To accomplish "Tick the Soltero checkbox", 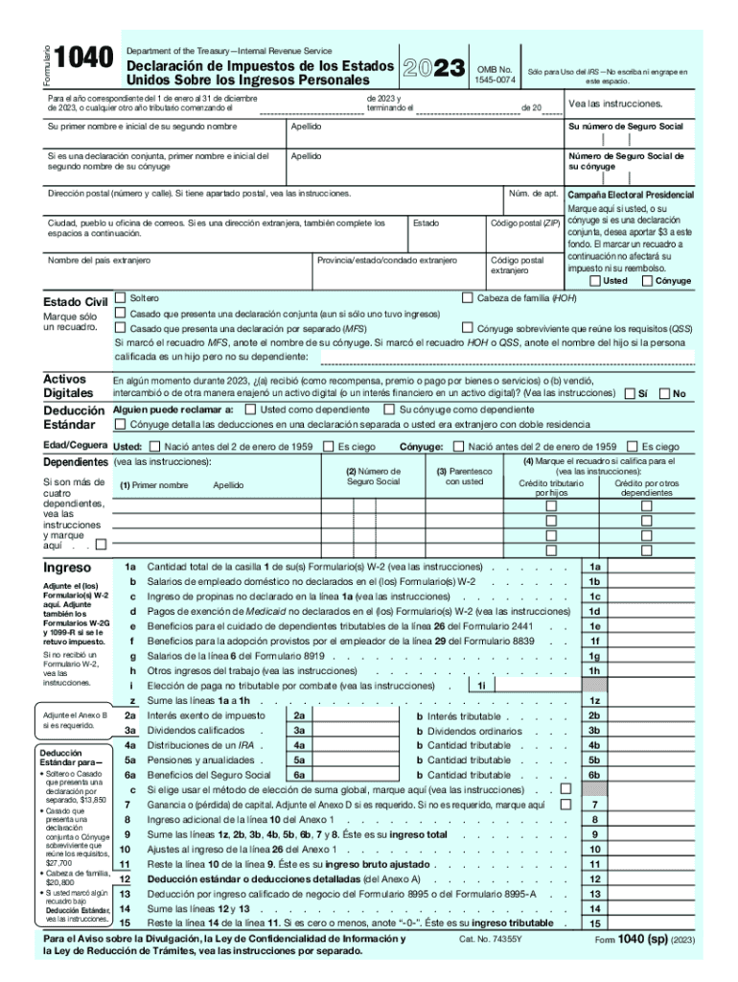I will (121, 298).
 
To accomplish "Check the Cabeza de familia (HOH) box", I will (468, 298).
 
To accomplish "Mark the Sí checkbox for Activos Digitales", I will (629, 393).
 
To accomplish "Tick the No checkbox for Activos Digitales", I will (664, 393).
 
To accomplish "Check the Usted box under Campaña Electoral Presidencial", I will (595, 281).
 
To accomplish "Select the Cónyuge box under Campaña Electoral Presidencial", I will (647, 281).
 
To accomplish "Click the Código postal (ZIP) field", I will (524, 237).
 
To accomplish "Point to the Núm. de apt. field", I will (534, 203).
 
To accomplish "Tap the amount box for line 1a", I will (651, 567).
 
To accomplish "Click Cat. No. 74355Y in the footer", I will (492, 939).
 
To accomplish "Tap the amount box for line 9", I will (651, 834).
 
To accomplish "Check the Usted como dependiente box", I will (250, 409).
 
